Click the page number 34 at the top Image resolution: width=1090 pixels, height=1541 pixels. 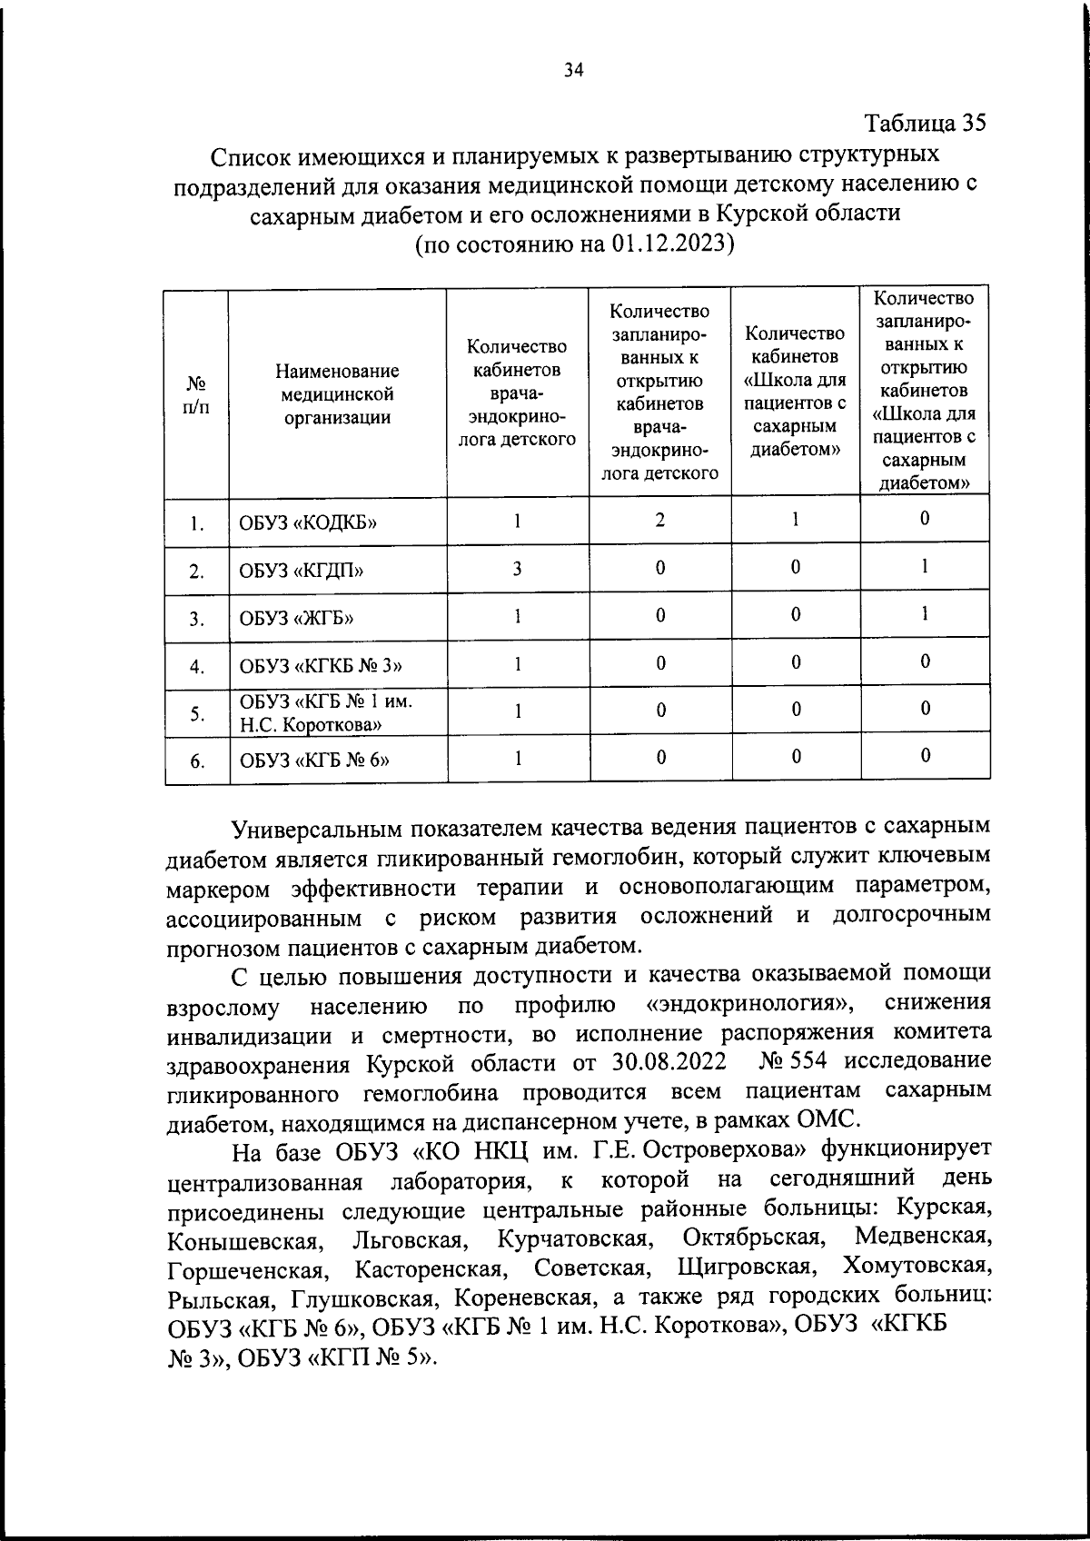coord(573,71)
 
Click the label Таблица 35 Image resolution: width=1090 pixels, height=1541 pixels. coord(925,123)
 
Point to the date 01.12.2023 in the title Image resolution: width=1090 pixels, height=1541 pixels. coord(669,244)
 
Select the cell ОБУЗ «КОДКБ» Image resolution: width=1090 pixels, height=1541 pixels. coord(308,522)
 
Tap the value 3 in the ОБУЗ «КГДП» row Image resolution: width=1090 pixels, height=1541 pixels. coord(517,569)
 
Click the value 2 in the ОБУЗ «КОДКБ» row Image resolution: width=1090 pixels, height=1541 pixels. coord(659,520)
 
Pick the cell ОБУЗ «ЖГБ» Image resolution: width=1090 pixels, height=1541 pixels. coord(296,620)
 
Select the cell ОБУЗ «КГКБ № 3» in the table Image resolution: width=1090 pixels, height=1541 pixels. coord(321,667)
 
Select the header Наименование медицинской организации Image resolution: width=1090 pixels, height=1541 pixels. coord(337,394)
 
